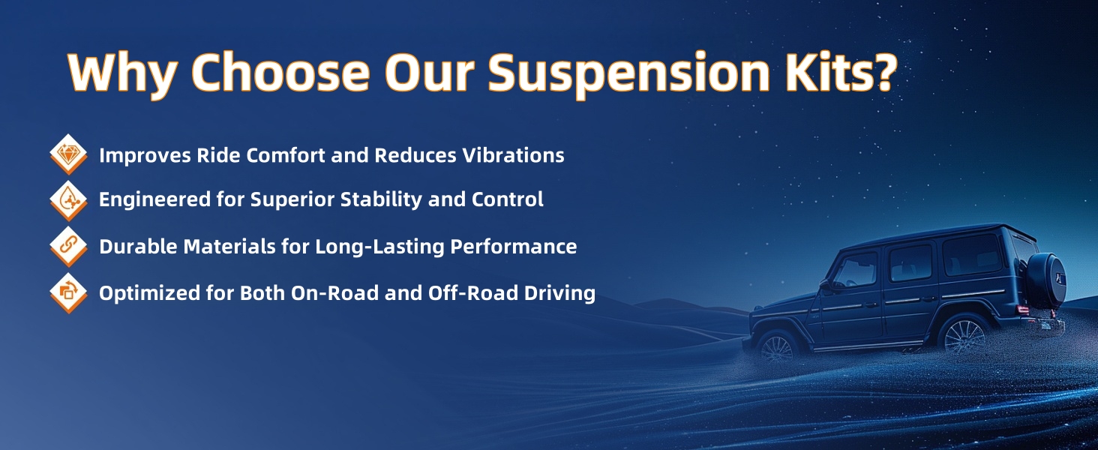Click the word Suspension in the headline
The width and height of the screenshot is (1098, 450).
629,73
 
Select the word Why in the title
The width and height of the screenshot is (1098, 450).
122,73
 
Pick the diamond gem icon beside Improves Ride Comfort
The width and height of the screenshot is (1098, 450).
69,154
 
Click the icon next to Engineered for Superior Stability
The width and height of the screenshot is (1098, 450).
69,200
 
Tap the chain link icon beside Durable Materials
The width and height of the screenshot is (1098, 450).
69,245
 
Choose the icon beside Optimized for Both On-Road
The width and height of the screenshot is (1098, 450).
69,292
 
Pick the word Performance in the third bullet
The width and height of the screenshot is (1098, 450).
513,247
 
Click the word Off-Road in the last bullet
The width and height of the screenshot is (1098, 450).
473,293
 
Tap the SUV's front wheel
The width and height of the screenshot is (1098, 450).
776,348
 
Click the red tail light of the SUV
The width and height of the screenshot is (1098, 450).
1023,310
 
